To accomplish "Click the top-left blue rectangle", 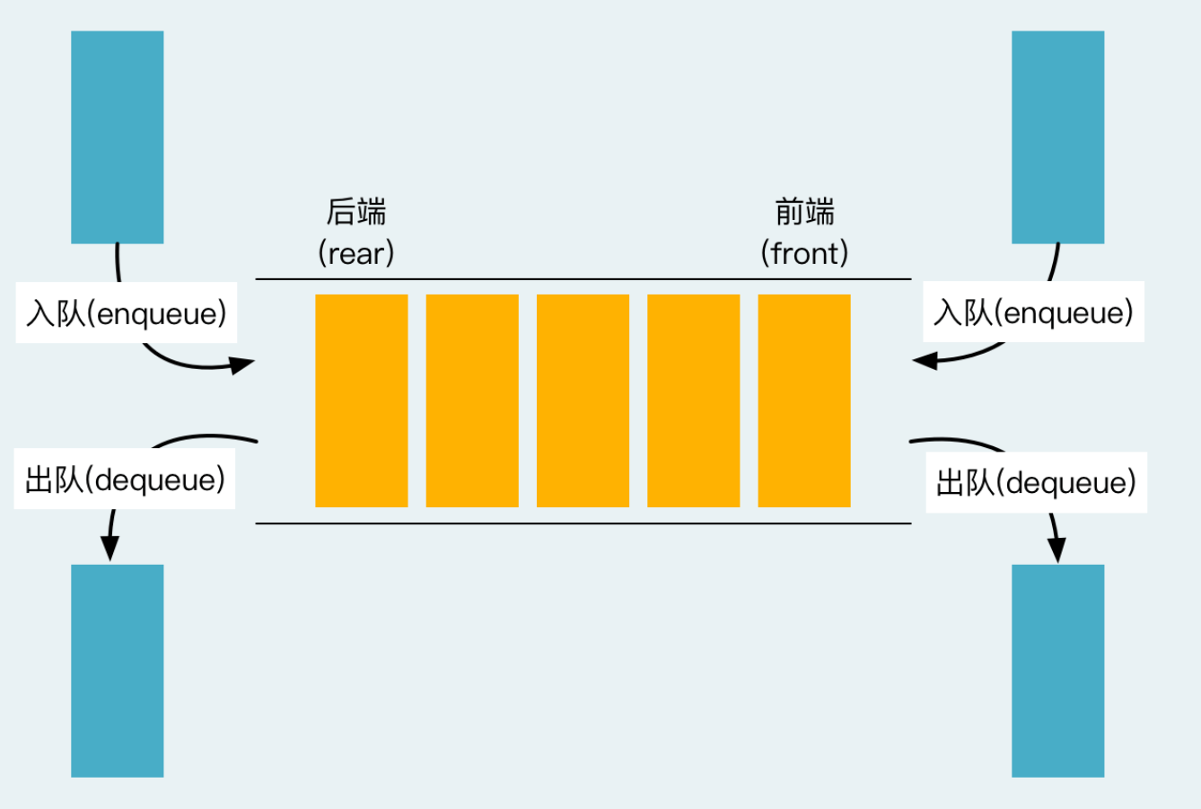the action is (117, 137).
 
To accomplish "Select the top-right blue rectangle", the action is (1057, 137).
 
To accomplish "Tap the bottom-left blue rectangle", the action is (117, 671).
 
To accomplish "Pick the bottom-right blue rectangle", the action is (1057, 671).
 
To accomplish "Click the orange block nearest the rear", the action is (361, 400).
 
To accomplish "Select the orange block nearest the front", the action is (804, 400).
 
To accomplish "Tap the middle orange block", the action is (583, 400).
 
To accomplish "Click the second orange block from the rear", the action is (472, 400).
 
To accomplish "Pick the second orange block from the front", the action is (693, 400).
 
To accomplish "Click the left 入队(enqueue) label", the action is (127, 313).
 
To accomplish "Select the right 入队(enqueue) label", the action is (1033, 312).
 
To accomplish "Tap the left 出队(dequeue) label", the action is (125, 479).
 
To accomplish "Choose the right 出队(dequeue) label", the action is (1036, 483).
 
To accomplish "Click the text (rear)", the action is (356, 253).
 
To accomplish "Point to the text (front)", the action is (804, 253).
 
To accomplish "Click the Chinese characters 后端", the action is (356, 213).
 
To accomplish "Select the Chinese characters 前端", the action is (804, 213).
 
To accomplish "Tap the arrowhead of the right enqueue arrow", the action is (924, 361).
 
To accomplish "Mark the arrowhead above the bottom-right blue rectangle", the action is (1057, 550).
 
